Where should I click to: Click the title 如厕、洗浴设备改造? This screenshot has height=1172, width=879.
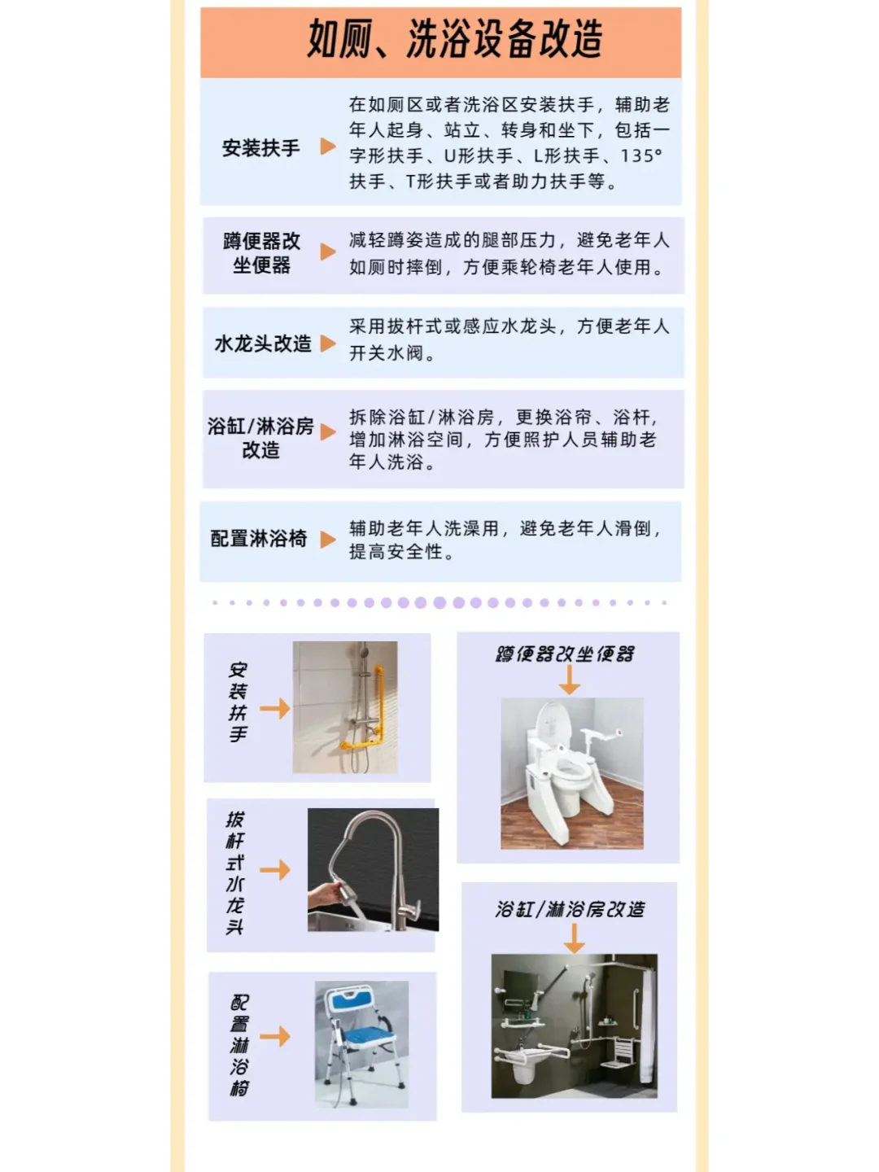click(454, 39)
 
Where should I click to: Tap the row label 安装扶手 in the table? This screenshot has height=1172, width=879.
click(260, 148)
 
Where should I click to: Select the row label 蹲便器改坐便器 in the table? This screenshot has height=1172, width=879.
click(261, 253)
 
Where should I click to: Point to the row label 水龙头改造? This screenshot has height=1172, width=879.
click(262, 343)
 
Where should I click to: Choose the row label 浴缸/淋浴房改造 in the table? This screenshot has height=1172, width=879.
click(260, 438)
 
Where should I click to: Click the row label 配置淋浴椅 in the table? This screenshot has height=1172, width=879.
click(259, 539)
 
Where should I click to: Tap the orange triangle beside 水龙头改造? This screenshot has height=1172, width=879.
click(328, 343)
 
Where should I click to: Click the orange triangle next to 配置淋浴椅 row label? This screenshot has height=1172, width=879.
click(328, 539)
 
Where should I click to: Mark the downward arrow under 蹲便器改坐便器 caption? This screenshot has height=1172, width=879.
click(570, 680)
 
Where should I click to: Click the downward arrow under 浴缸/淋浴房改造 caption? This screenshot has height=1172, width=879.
click(574, 938)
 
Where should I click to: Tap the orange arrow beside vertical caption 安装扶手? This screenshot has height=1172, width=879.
click(275, 708)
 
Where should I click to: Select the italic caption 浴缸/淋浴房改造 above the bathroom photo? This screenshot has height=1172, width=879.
click(570, 909)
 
